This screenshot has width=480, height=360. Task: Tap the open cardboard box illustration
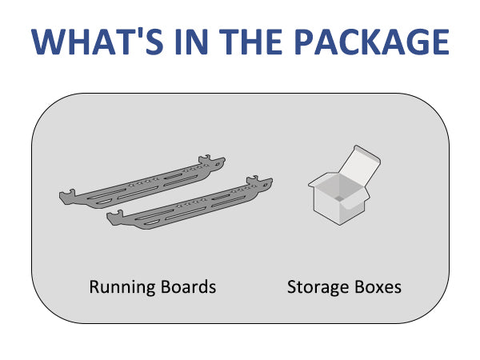[340, 192]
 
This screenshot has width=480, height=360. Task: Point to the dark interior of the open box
[338, 190]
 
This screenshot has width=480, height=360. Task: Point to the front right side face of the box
[352, 210]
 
